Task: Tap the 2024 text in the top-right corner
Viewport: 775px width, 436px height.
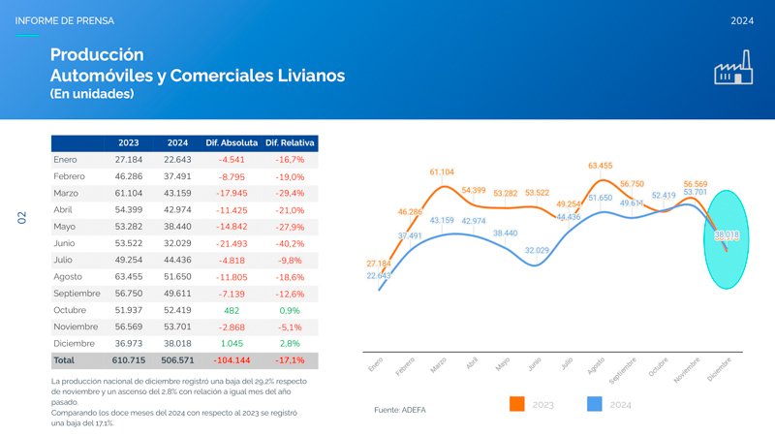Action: pos(743,20)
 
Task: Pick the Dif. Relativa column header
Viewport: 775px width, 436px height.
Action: pos(291,142)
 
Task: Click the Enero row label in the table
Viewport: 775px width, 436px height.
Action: pos(67,159)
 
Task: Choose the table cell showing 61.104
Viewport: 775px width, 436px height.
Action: pos(129,193)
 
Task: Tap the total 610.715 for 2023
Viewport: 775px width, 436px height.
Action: pos(129,359)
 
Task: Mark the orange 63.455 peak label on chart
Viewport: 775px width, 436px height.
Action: pos(601,166)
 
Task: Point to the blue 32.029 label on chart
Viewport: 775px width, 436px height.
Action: pos(538,251)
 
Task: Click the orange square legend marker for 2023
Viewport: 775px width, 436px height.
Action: pos(516,404)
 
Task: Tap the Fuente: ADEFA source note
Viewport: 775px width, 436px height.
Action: pos(399,410)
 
